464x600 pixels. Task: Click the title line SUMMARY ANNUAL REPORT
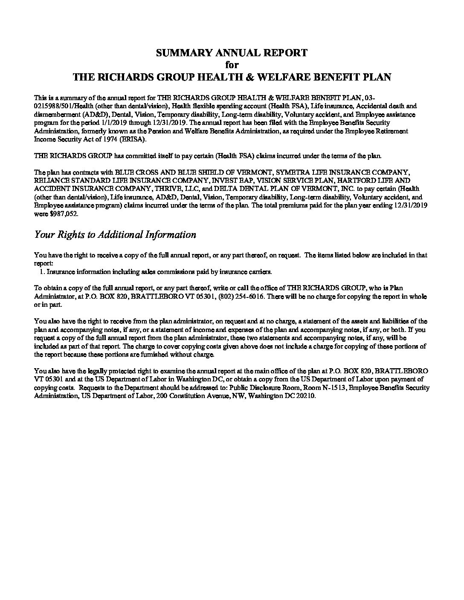tap(232, 53)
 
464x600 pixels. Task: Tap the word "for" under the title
tap(232, 65)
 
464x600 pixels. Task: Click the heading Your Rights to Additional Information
tap(115, 235)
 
